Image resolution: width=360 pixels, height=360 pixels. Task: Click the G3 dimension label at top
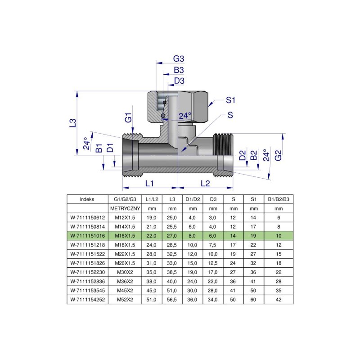(x=179, y=59)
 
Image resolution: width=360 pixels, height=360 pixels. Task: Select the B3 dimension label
(x=179, y=70)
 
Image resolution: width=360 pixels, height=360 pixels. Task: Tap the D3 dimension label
(x=179, y=81)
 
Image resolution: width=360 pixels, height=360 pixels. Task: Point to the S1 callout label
(x=231, y=100)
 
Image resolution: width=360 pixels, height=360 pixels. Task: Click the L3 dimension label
(x=73, y=122)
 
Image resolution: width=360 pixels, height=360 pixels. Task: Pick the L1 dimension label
(x=150, y=183)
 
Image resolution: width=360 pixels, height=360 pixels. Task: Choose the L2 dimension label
(x=205, y=183)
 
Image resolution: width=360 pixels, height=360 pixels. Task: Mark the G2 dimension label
(x=279, y=155)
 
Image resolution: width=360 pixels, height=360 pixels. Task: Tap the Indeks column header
(x=87, y=199)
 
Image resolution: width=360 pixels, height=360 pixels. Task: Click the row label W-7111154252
(x=87, y=299)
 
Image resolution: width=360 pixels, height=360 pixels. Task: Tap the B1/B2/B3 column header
(x=279, y=199)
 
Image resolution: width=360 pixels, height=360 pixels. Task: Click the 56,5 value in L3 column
(x=172, y=299)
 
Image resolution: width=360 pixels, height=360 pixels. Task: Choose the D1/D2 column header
(x=193, y=199)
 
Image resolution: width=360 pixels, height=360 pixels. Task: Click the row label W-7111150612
(x=87, y=217)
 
